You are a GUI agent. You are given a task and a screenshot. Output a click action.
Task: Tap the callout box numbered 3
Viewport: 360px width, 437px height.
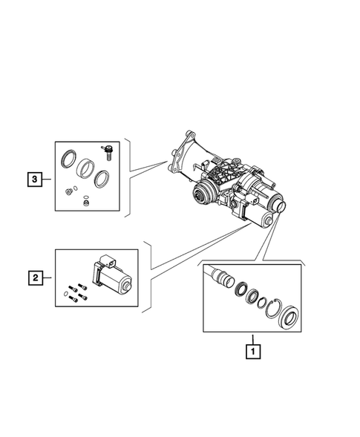tap(34, 179)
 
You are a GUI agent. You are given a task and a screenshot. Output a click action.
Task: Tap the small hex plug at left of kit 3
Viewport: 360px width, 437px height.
tap(69, 192)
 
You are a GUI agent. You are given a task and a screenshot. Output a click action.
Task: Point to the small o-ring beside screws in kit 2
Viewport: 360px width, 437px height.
tap(67, 295)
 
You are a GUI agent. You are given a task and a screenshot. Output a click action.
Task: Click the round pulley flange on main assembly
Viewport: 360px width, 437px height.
tap(201, 197)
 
